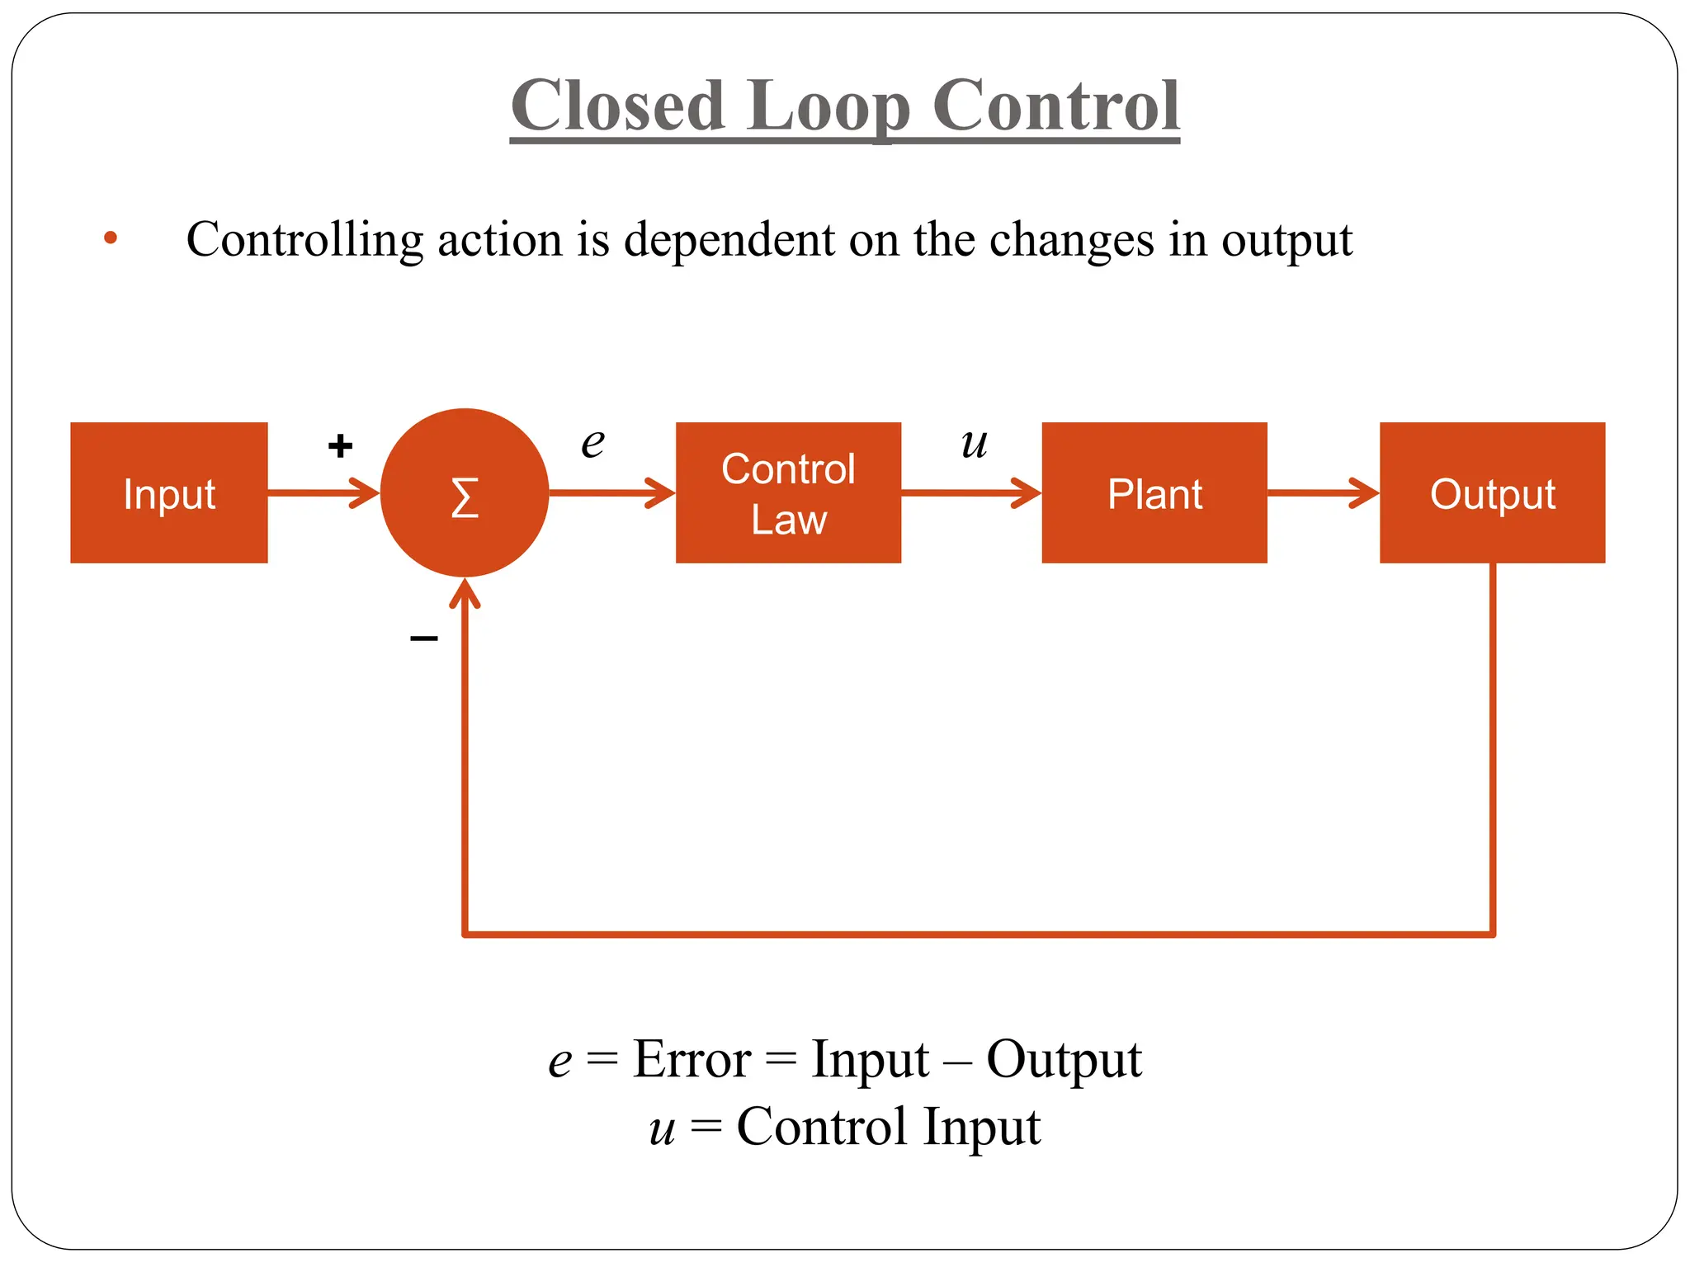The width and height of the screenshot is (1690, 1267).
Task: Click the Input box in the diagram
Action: point(169,493)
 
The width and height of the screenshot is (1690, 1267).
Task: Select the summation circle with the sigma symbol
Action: point(465,493)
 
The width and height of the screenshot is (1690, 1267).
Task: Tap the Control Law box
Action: point(788,493)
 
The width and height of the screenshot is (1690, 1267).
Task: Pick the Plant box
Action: point(1154,493)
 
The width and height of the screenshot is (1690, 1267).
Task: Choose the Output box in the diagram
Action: point(1492,493)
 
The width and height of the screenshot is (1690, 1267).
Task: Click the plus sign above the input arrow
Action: point(340,446)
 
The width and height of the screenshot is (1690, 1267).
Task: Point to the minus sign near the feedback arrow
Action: point(423,638)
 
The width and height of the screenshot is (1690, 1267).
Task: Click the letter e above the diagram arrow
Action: point(592,443)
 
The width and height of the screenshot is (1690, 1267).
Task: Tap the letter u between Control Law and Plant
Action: point(974,443)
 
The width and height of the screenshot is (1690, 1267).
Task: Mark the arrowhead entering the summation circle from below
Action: point(465,592)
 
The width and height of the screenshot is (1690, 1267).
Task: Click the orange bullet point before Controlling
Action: point(111,238)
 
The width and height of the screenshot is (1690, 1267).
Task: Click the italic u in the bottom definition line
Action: point(662,1128)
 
